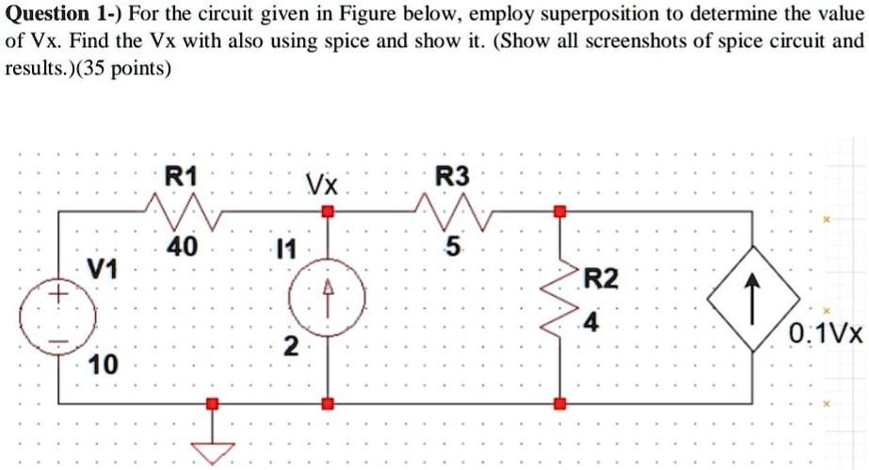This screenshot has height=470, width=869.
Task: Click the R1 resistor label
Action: tap(181, 175)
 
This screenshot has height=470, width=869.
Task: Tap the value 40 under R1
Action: tap(182, 247)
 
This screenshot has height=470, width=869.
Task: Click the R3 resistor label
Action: tap(451, 175)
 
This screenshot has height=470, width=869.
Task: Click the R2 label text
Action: tap(603, 278)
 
